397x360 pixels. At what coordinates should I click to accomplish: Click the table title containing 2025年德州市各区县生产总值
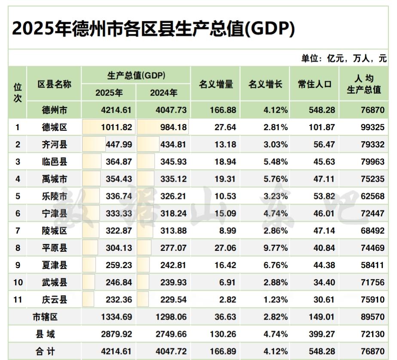pos(153,29)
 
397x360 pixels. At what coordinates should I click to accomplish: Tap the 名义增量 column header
pos(216,85)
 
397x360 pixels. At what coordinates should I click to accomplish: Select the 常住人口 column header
pos(315,85)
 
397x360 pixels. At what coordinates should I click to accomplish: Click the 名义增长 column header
pos(265,85)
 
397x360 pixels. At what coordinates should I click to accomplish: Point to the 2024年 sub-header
pos(163,93)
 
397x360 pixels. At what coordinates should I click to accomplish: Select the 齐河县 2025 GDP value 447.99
pos(119,144)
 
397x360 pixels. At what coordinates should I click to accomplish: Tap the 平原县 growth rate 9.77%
pos(275,248)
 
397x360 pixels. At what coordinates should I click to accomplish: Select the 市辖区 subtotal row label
pos(45,317)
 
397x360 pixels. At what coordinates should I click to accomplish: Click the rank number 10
pos(18,283)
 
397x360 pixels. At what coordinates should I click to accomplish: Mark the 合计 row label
pos(45,351)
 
